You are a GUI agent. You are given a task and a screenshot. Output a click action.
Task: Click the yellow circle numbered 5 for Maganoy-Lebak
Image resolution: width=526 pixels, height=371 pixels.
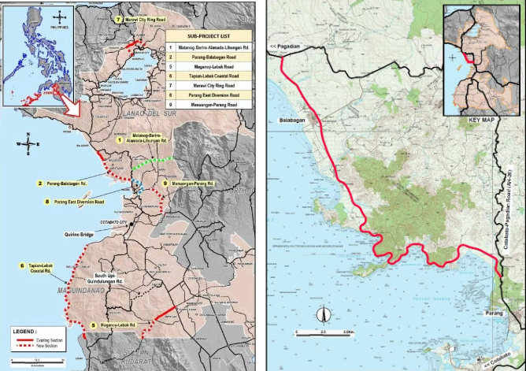click(94, 325)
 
